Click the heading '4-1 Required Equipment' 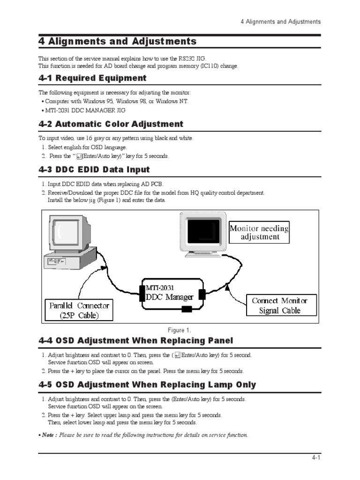(92, 78)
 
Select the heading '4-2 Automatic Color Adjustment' (111, 124)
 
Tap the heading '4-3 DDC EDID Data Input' (94, 170)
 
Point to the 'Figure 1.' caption (180, 330)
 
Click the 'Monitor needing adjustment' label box (259, 232)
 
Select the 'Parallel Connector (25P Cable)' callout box (79, 310)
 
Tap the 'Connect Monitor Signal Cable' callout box (280, 306)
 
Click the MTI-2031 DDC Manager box (172, 294)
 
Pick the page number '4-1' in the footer (315, 458)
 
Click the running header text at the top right (280, 22)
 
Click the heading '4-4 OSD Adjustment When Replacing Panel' (135, 340)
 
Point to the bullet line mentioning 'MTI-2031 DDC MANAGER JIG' (85, 111)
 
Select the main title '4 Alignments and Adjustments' (117, 41)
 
